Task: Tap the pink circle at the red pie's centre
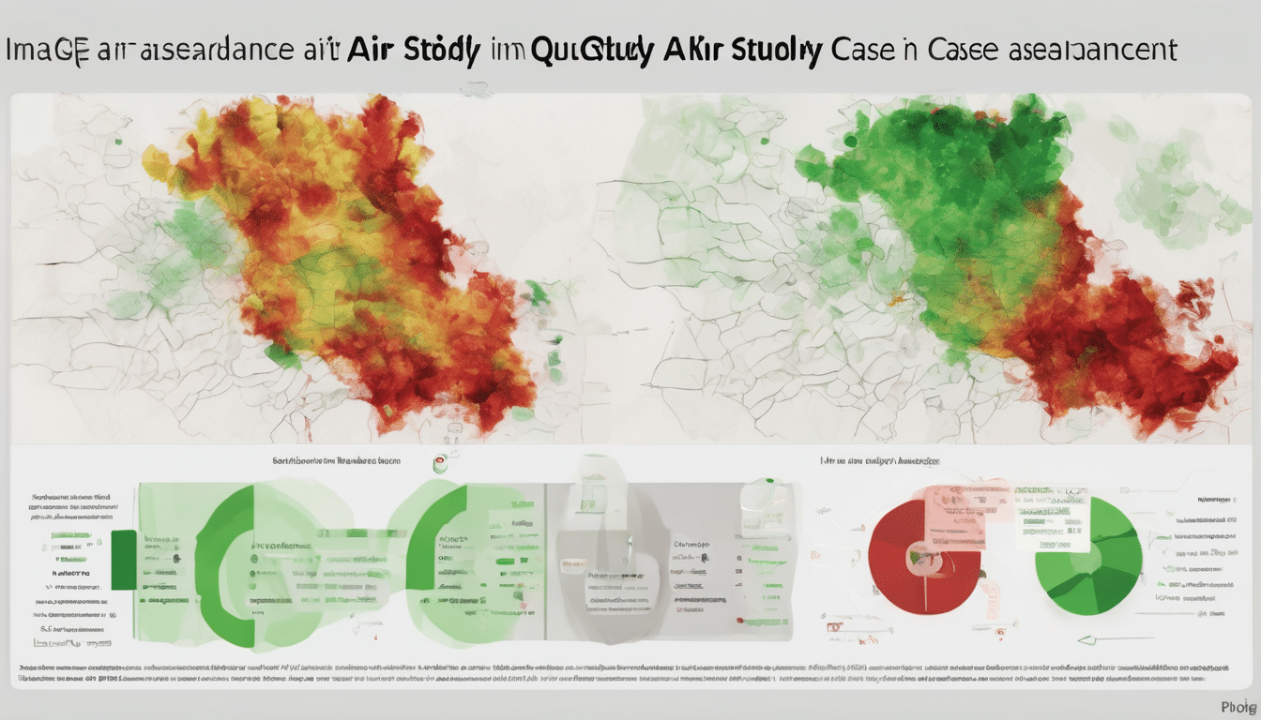(x=916, y=557)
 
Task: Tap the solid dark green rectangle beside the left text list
(x=123, y=560)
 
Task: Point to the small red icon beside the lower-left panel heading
(x=438, y=462)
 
